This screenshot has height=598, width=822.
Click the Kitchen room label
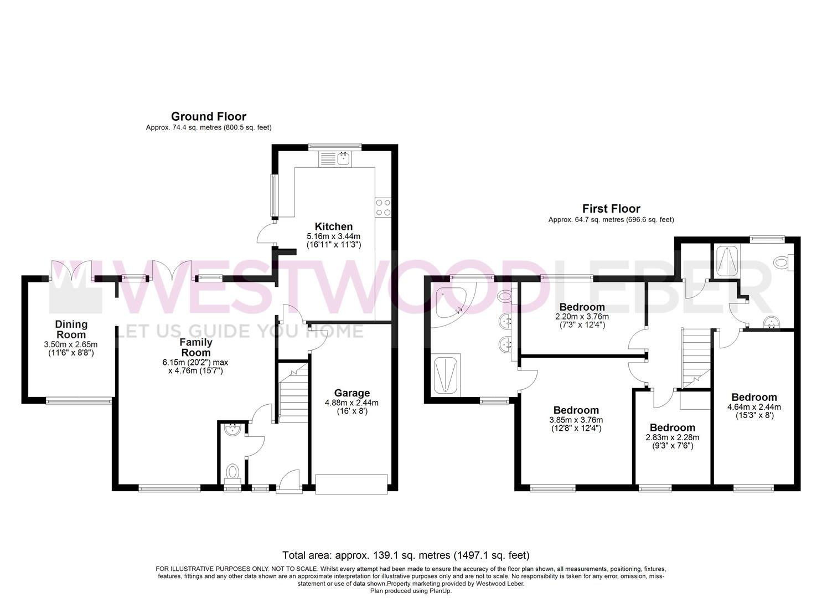click(333, 226)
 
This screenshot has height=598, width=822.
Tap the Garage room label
click(351, 394)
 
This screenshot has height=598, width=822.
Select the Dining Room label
click(71, 329)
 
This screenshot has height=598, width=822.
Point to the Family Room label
click(195, 347)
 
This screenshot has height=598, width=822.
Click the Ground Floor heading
click(208, 116)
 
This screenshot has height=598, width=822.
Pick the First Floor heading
click(611, 209)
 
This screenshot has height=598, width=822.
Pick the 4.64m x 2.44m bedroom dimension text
click(754, 407)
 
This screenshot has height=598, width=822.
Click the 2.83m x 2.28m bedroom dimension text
click(672, 437)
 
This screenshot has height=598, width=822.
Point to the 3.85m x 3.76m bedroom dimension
click(576, 420)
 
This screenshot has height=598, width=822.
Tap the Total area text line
click(406, 555)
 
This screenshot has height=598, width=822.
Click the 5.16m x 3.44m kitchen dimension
click(333, 236)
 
